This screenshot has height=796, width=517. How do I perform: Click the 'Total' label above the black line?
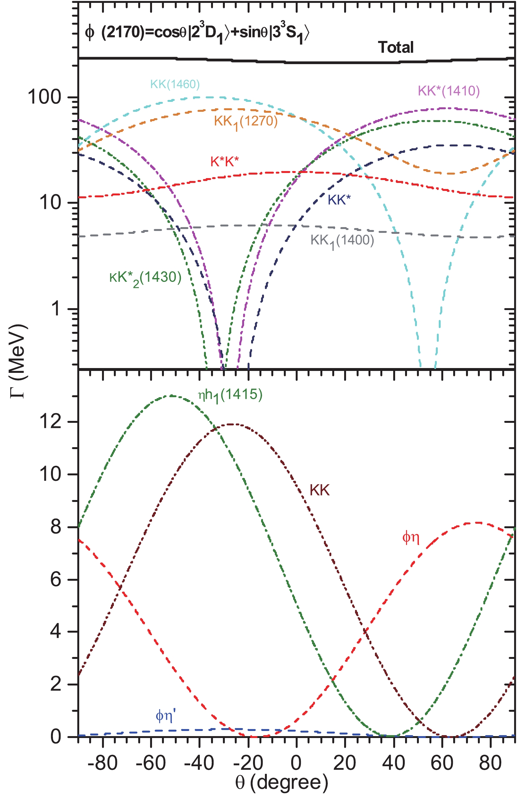(x=395, y=47)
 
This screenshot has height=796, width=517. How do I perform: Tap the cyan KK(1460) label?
(x=175, y=84)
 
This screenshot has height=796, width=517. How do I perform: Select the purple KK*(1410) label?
(x=449, y=91)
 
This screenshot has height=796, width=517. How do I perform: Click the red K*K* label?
(x=225, y=162)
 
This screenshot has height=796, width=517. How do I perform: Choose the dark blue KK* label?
(x=339, y=200)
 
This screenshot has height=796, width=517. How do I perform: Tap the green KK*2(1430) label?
(x=145, y=278)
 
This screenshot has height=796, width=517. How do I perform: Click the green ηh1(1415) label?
(x=230, y=396)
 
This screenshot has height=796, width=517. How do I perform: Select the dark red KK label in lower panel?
(x=319, y=490)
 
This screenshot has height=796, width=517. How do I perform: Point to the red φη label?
(x=411, y=538)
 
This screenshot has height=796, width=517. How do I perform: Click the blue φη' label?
(x=165, y=716)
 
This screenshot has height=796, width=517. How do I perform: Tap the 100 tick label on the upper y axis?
(x=45, y=97)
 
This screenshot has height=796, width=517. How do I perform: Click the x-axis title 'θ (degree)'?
(x=281, y=782)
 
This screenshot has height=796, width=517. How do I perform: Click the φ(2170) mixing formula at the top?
(x=197, y=33)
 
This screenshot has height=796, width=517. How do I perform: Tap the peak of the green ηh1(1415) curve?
(x=172, y=396)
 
